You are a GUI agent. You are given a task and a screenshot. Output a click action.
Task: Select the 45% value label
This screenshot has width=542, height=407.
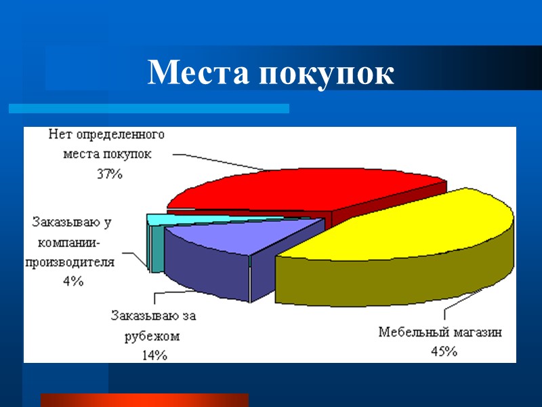coord(444,351)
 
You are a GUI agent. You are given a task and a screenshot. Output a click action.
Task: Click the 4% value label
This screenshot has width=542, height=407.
coord(72,281)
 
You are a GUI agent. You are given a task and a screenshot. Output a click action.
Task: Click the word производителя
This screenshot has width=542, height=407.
coord(70,261)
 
